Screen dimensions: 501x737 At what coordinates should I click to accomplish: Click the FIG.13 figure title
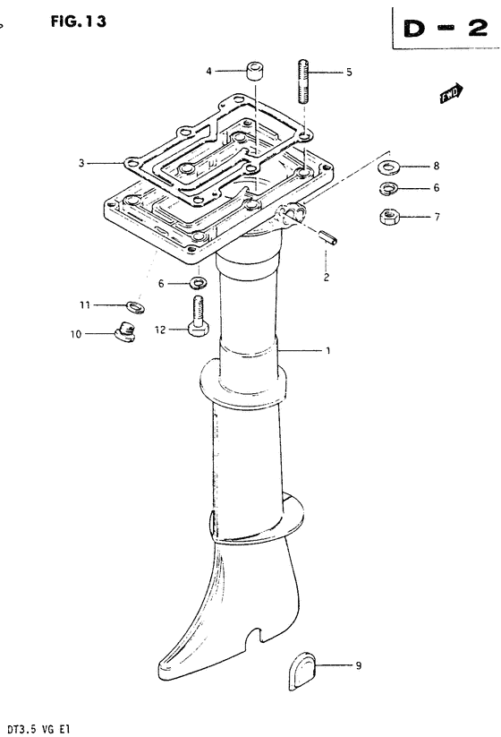point(79,21)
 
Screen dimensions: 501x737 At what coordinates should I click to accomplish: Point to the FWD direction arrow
point(451,93)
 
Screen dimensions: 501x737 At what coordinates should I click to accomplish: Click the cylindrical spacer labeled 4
point(254,70)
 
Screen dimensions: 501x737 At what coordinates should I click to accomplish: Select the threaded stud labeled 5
point(303,81)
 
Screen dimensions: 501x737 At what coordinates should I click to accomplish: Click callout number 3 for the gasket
point(81,163)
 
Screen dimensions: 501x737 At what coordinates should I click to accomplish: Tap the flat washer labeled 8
point(389,167)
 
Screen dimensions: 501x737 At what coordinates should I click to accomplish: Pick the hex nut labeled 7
point(389,217)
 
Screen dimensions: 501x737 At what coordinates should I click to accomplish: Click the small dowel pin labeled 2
point(328,238)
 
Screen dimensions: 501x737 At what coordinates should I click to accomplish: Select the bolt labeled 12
point(198,316)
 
